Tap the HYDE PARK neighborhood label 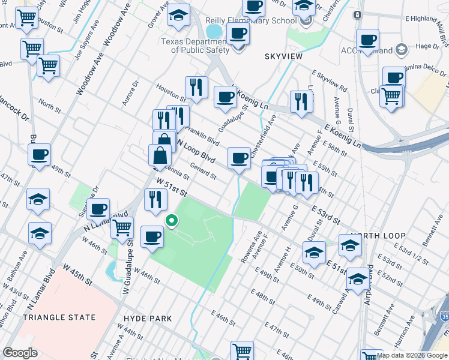147,319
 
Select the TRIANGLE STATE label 58,317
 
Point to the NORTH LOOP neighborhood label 375,236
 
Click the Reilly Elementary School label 259,21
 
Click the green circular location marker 171,221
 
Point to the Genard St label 203,173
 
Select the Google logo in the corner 20,353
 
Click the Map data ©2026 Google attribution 412,355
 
